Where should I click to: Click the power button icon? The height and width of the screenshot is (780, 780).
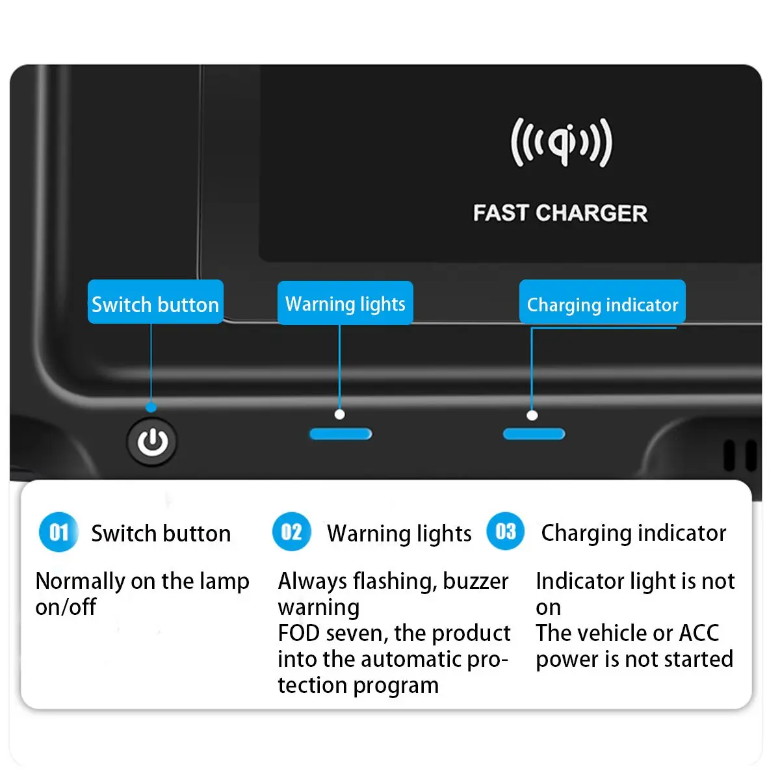click(152, 442)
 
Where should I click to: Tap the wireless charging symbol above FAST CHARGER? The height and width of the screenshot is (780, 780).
click(561, 142)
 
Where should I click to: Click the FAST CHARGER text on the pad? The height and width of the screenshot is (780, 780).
click(560, 213)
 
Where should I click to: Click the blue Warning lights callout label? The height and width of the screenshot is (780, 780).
click(345, 303)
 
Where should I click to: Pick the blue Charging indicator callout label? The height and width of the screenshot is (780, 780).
click(602, 303)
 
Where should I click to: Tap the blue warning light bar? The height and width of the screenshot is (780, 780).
click(341, 434)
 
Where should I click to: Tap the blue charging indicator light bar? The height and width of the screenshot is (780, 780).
click(534, 434)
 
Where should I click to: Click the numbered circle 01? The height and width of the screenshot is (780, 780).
click(58, 532)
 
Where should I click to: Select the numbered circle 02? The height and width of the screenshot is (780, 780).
click(291, 532)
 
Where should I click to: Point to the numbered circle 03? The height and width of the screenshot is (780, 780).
click(505, 531)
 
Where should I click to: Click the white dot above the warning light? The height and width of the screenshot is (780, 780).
click(339, 414)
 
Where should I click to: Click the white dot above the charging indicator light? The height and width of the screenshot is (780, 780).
click(532, 415)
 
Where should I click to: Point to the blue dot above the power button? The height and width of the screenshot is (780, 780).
click(151, 408)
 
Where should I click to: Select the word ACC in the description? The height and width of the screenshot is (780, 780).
click(699, 632)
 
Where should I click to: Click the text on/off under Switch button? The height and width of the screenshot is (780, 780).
click(66, 607)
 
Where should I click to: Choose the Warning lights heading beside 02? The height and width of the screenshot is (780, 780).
click(399, 534)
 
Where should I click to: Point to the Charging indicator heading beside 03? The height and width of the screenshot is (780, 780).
click(633, 533)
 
